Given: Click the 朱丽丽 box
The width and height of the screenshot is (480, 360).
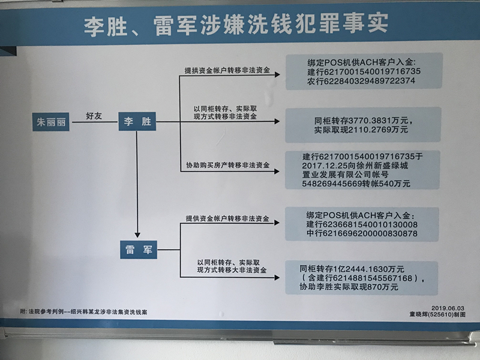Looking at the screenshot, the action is (51, 122).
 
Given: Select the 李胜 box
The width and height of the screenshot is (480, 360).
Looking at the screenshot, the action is (137, 121).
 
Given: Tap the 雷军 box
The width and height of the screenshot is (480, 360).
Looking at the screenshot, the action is (139, 250).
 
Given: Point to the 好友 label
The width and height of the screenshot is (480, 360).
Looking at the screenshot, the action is (94, 116).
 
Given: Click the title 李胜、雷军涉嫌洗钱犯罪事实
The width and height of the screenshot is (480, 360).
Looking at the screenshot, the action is (236, 24).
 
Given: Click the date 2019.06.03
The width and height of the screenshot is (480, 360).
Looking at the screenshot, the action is (448, 308).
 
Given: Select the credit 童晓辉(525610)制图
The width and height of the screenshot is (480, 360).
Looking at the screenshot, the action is (437, 314).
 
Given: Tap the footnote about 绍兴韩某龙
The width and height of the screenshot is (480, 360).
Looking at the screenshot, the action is (83, 312).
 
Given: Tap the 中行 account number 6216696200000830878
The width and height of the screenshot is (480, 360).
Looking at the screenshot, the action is (370, 233).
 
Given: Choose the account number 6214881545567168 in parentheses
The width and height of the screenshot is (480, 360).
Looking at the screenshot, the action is (373, 278).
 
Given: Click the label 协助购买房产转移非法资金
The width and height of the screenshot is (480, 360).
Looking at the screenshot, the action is (228, 165).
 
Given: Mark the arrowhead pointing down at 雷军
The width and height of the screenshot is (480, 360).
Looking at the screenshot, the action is (137, 235).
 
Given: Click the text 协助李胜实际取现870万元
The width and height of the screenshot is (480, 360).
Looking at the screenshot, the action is (349, 287).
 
